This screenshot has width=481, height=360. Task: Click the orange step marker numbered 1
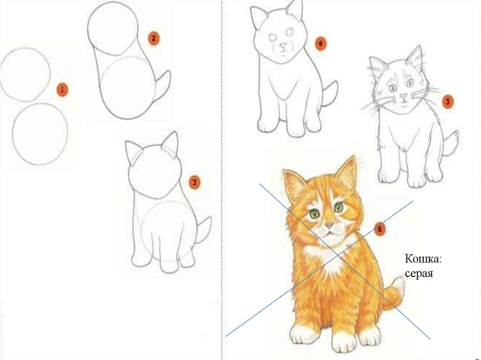tap(62, 90)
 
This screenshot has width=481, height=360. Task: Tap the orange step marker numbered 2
tap(154, 39)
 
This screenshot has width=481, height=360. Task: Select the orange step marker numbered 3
tap(194, 183)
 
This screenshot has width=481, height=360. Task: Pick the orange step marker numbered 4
tap(320, 44)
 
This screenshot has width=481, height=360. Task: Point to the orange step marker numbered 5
tap(448, 101)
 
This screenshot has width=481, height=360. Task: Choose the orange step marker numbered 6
tap(380, 229)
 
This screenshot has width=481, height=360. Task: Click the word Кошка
tap(423, 259)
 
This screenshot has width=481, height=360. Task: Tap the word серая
tap(419, 273)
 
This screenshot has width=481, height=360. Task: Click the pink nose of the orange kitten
tap(329, 225)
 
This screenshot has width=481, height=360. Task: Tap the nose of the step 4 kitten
tap(283, 46)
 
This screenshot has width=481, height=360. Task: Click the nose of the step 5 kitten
tap(403, 96)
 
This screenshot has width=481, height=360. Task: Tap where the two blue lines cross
tap(338, 255)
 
